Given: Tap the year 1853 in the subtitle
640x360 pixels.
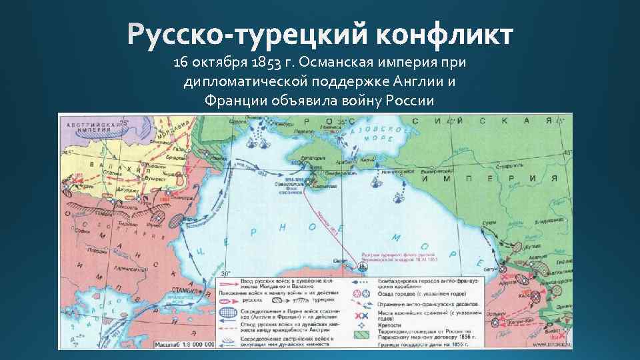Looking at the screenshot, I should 262,63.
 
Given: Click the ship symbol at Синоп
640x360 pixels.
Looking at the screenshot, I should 361,265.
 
